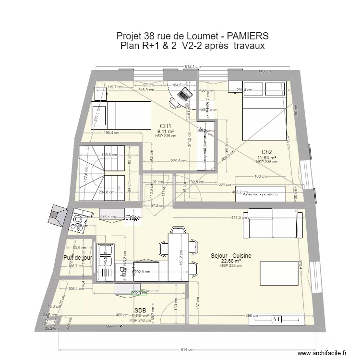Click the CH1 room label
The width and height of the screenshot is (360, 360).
pos(165,126)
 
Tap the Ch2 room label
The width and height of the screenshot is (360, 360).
pos(267,152)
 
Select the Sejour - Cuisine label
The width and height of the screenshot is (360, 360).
pos(231,256)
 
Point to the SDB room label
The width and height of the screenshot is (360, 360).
pos(140,310)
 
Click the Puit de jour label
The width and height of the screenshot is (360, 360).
pos(77,258)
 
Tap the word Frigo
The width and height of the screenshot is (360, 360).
pos(134,218)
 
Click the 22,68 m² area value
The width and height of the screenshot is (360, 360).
pos(231,261)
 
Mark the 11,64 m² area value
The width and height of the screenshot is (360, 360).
pos(267,157)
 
